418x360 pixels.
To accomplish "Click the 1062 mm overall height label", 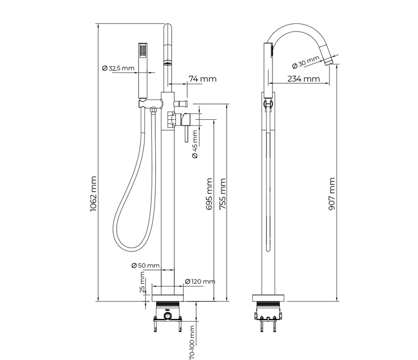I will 93,195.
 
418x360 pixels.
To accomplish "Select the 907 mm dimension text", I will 332,195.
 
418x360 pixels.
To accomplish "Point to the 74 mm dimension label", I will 203,79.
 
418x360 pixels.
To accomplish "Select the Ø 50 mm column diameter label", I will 145,265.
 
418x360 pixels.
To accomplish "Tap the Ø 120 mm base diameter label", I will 200,281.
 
